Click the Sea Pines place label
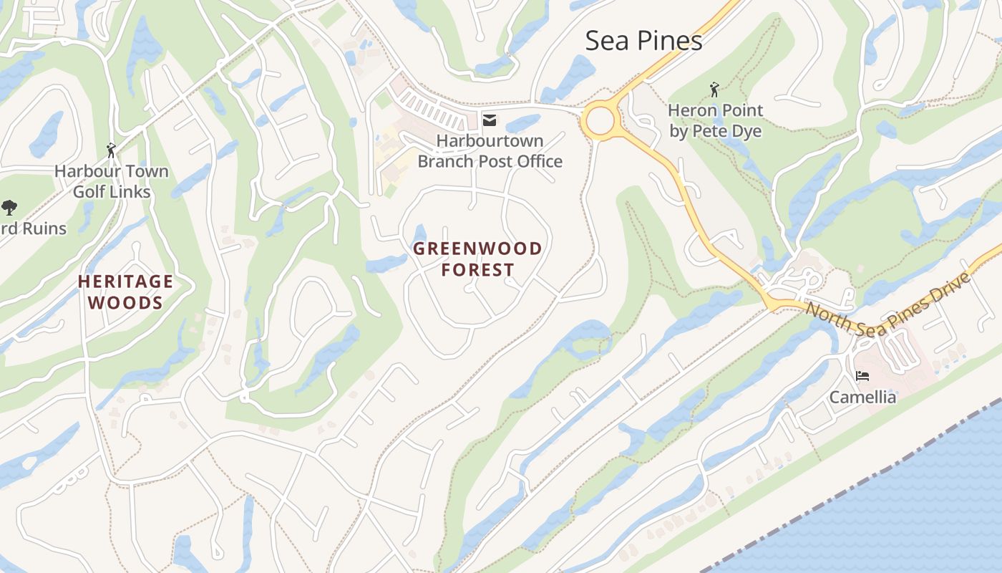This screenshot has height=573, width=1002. click(643, 41)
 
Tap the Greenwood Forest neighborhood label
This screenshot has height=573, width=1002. click(478, 259)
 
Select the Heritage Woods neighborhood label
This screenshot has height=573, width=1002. click(125, 292)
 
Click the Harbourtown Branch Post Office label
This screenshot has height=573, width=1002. click(490, 151)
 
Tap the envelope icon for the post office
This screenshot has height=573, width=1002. click(490, 120)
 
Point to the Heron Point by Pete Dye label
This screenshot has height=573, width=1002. click(715, 120)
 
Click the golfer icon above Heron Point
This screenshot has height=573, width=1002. click(714, 90)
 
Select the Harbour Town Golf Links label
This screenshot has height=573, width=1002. click(112, 181)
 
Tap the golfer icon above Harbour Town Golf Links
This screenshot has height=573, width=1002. click(111, 150)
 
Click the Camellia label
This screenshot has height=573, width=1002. click(862, 397)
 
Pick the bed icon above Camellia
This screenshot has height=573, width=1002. click(862, 376)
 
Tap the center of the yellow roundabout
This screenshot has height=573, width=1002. click(600, 120)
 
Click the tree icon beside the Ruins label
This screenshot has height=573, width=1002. click(9, 208)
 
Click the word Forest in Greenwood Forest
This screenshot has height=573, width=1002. click(478, 269)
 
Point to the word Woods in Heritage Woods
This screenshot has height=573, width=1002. click(125, 302)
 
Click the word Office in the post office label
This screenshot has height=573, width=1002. click(538, 161)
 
